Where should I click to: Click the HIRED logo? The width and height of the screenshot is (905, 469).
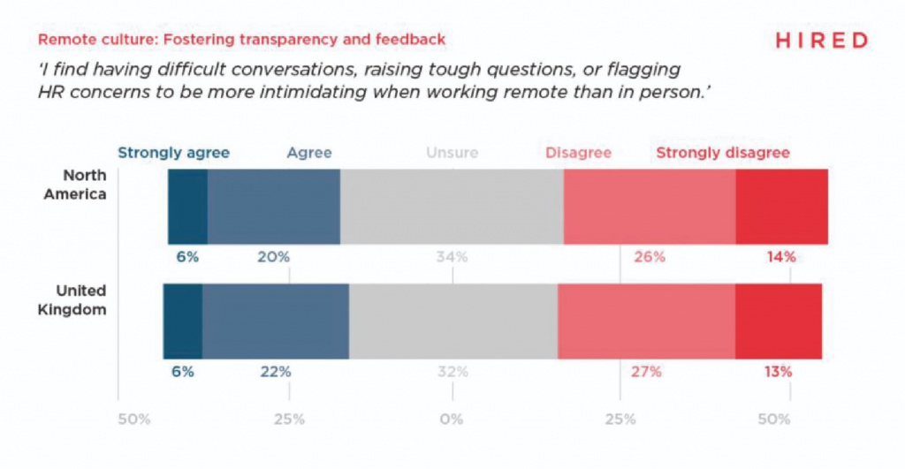pyautogui.click(x=821, y=40)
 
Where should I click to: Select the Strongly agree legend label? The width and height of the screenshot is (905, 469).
pyautogui.click(x=173, y=153)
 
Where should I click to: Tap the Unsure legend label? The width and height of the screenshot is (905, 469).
pyautogui.click(x=452, y=153)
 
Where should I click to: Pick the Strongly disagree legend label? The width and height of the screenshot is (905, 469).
pyautogui.click(x=722, y=153)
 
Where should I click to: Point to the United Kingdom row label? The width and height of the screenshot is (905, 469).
pyautogui.click(x=80, y=300)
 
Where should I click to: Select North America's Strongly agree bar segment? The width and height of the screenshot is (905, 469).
pyautogui.click(x=187, y=205)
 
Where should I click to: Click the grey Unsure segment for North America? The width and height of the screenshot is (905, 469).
pyautogui.click(x=452, y=205)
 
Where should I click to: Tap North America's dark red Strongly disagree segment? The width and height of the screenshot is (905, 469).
pyautogui.click(x=781, y=205)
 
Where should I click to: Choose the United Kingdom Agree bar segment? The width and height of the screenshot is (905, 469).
pyautogui.click(x=275, y=321)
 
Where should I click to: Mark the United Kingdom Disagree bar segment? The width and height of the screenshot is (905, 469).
pyautogui.click(x=646, y=321)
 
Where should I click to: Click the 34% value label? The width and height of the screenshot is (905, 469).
pyautogui.click(x=452, y=257)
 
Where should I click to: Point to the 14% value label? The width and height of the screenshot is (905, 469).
pyautogui.click(x=781, y=257)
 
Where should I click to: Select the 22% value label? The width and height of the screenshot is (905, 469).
pyautogui.click(x=275, y=372)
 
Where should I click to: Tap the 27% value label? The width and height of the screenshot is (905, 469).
pyautogui.click(x=646, y=372)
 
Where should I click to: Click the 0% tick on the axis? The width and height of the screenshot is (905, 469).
pyautogui.click(x=452, y=419)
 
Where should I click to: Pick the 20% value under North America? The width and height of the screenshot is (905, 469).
pyautogui.click(x=274, y=257)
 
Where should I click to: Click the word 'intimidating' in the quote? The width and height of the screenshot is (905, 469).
pyautogui.click(x=407, y=95)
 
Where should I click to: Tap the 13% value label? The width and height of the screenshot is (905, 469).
pyautogui.click(x=778, y=372)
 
